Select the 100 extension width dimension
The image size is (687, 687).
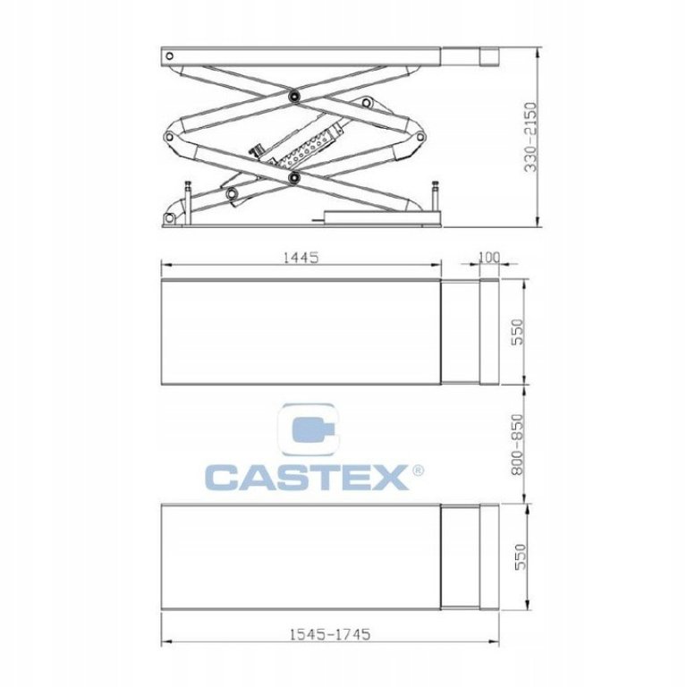tap(488, 258)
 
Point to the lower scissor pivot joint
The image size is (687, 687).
tap(294, 179)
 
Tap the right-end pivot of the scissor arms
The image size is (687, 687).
tap(418, 137)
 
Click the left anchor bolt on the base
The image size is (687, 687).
tap(187, 192)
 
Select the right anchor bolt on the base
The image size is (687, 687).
tap(435, 195)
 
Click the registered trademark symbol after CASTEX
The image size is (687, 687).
tap(417, 470)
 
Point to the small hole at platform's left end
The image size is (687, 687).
tap(166, 55)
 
